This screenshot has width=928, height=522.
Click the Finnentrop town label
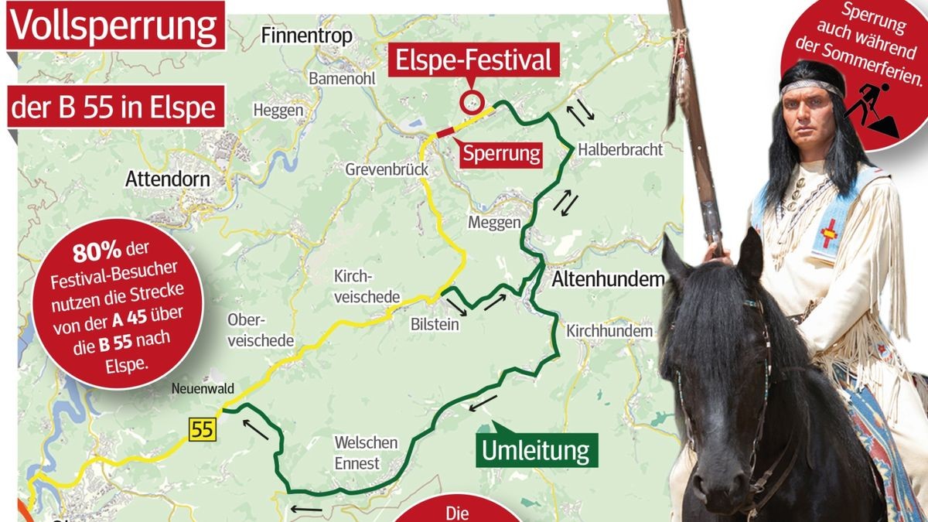pyautogui.click(x=307, y=36)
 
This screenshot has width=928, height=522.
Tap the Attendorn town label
pyautogui.click(x=168, y=180)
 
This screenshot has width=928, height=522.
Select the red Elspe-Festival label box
pyautogui.click(x=474, y=61)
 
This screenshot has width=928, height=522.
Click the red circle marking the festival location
pyautogui.click(x=471, y=102)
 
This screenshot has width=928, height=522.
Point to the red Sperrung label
pyautogui.click(x=501, y=153)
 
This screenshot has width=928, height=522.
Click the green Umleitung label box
pyautogui.click(x=535, y=450)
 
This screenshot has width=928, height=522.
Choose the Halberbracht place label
pyautogui.click(x=620, y=149)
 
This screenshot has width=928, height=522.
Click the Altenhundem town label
pyautogui.click(x=608, y=280)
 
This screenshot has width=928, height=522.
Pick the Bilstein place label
pyautogui.click(x=435, y=326)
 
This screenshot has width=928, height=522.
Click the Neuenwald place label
pyautogui.click(x=204, y=389)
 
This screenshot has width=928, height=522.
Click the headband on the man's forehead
pyautogui.click(x=810, y=87)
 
